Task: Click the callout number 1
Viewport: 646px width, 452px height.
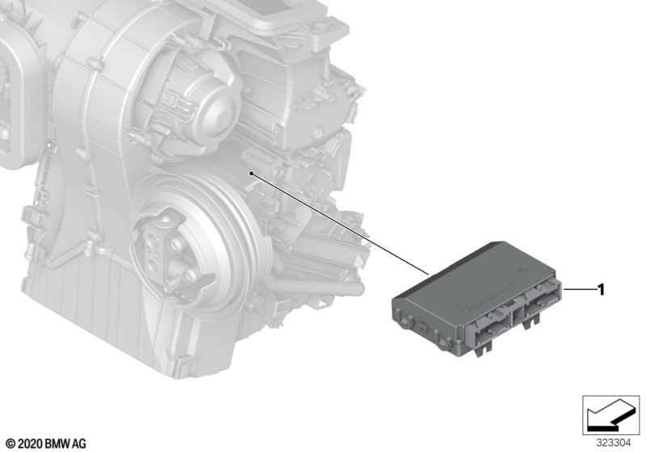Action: [601, 290]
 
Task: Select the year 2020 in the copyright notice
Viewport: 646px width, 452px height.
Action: [30, 444]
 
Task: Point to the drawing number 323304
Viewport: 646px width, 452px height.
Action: [614, 443]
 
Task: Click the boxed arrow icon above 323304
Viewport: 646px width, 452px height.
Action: [611, 416]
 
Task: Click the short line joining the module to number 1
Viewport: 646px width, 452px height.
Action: [581, 290]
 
